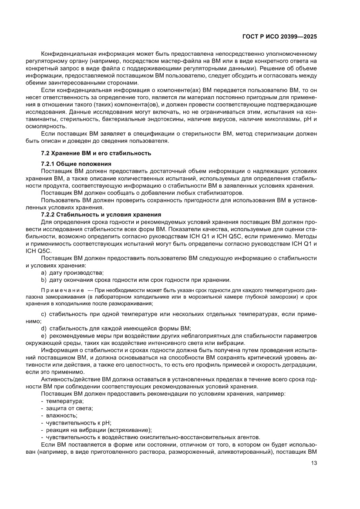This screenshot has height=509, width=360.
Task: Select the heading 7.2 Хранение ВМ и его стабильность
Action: point(95,153)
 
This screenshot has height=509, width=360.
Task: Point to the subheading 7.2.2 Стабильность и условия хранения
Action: point(101,215)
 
